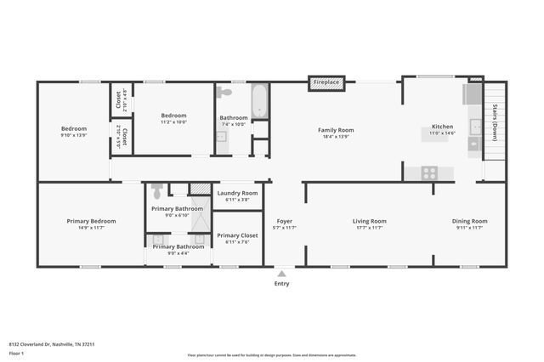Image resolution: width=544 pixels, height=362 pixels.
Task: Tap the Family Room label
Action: click(x=336, y=130)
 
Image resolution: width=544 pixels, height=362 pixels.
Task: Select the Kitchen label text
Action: click(x=442, y=127)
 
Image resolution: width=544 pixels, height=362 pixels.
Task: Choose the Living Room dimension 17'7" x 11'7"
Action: click(x=369, y=228)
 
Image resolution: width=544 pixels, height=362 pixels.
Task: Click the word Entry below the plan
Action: click(x=281, y=283)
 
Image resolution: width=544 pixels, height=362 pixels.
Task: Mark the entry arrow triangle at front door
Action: click(x=281, y=273)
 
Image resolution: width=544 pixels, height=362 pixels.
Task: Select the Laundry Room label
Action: click(x=237, y=193)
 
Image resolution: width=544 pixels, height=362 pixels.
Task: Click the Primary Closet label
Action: click(x=237, y=235)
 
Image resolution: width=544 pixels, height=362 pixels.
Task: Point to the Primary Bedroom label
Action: click(x=91, y=221)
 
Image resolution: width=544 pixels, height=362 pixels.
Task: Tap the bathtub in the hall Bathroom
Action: click(x=259, y=101)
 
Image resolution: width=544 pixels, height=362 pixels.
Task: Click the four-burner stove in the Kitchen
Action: click(x=429, y=173)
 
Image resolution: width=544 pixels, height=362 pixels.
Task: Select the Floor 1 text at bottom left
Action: click(x=15, y=352)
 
